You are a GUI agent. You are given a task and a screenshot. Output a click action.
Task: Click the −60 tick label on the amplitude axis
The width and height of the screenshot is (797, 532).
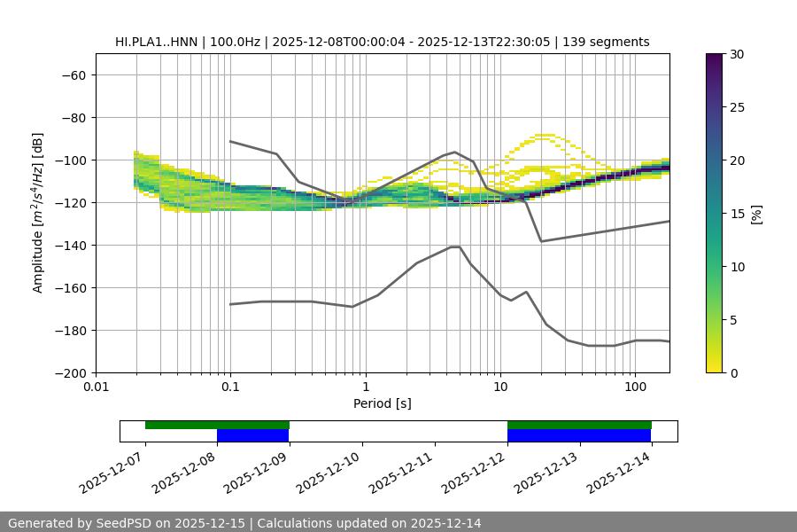click(73, 74)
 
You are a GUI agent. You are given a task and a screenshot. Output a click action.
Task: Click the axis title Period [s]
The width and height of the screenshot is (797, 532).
click(382, 403)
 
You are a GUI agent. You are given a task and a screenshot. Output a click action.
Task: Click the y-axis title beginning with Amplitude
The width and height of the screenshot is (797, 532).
click(38, 214)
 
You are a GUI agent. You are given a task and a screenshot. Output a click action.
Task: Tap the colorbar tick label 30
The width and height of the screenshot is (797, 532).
click(736, 54)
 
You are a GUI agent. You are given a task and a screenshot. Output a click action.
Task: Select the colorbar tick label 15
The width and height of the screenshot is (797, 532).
click(736, 214)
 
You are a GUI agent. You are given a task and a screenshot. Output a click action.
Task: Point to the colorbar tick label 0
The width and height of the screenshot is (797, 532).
click(732, 372)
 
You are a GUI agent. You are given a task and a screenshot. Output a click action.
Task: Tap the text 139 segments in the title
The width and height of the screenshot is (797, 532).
click(612, 42)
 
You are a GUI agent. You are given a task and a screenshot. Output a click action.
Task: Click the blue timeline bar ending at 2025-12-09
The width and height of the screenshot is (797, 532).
click(253, 435)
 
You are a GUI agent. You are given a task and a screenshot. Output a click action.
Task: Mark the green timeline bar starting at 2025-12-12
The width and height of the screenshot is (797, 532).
click(579, 425)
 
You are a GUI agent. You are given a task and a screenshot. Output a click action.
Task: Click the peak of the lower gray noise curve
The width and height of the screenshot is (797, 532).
click(455, 246)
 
